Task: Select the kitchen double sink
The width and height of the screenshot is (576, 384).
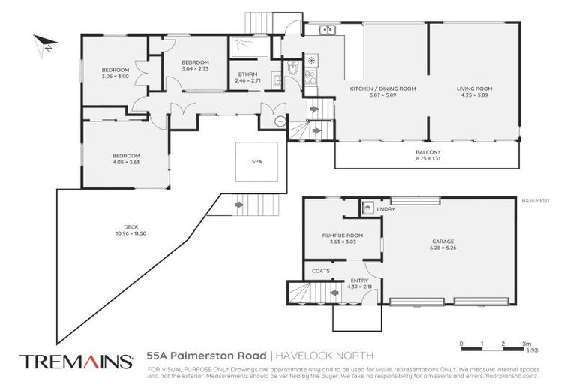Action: [x=326, y=31]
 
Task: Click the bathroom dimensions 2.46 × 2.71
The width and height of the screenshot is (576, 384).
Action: [x=247, y=80]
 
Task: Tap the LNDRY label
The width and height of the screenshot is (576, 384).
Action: [x=385, y=208]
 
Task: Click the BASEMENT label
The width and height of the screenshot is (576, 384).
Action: [x=535, y=201]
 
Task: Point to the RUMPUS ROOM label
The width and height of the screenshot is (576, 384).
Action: [x=342, y=235]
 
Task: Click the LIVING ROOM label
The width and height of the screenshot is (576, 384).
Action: [x=472, y=88]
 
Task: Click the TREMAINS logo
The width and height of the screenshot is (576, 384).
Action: [x=76, y=361]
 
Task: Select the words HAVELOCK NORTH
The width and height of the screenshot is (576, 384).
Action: [x=323, y=355]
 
